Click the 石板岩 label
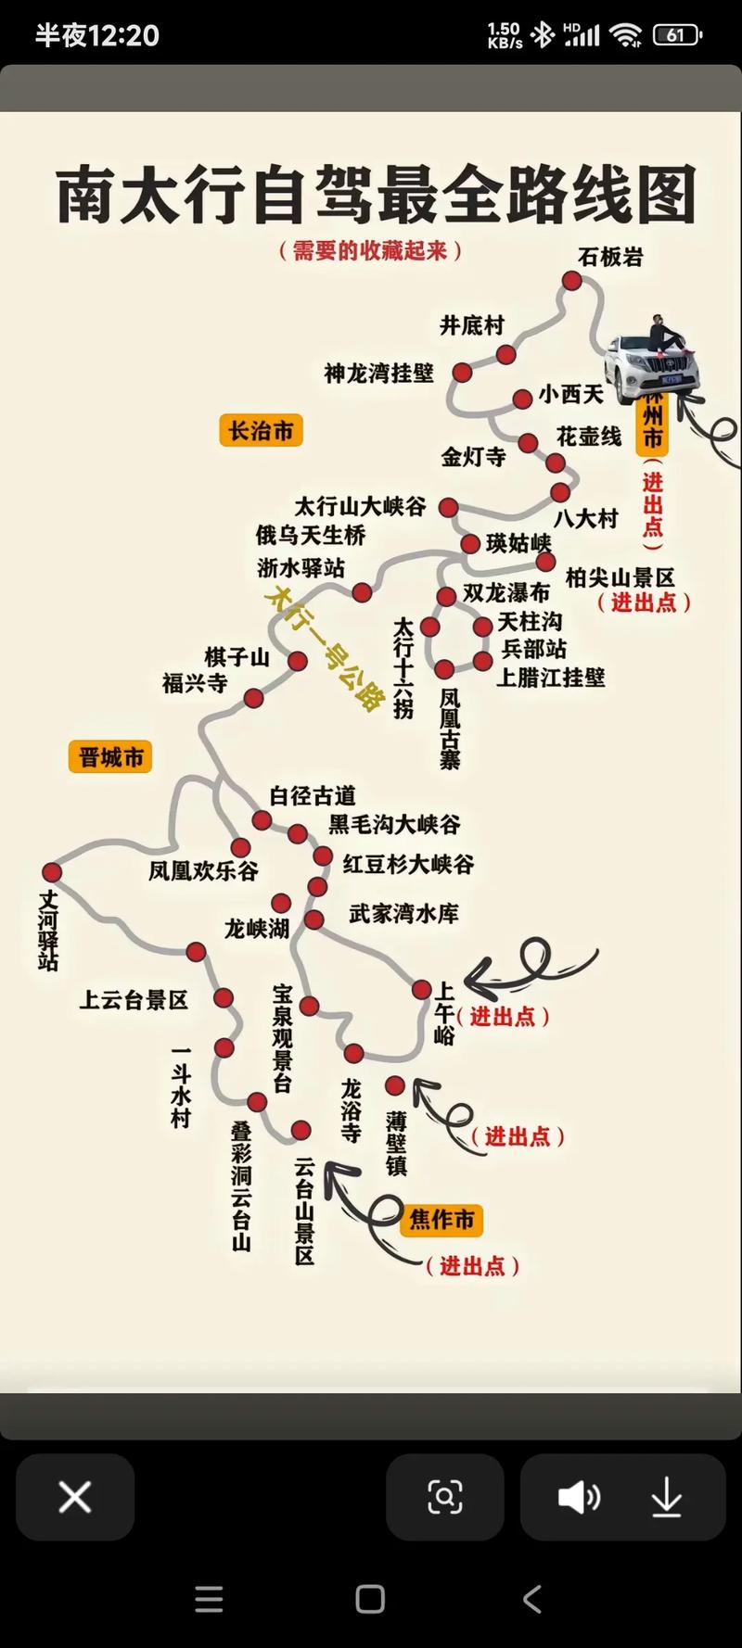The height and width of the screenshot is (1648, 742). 609,257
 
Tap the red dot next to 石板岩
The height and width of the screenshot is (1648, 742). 572,281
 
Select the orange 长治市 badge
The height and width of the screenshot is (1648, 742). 261,431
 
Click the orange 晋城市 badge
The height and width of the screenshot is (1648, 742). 110,757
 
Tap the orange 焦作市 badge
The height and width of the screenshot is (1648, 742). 441,1219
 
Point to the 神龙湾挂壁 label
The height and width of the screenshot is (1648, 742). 378,373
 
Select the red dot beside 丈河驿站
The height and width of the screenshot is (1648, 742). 52,872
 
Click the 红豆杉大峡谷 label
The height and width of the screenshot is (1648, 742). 408,864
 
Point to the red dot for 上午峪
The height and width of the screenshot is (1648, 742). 421,990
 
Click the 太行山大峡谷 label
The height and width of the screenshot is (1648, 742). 360,506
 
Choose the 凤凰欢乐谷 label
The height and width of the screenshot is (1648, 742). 203,870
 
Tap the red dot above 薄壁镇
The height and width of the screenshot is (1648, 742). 395,1085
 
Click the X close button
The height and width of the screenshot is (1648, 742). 75,1497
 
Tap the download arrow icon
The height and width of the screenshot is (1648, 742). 666,1497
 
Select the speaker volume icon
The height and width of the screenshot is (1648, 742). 579,1497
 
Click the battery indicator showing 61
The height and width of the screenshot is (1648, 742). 676,35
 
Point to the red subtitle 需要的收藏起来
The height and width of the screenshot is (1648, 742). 370,250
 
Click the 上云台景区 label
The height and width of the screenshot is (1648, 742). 134,999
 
